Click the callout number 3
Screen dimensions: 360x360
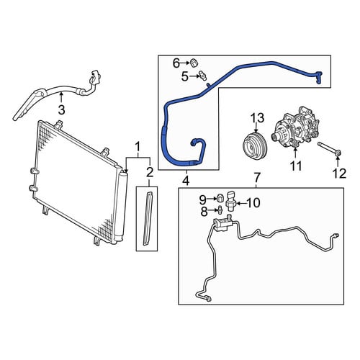point(62,110)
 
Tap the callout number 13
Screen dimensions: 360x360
point(258,117)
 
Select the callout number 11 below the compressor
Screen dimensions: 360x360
point(296,166)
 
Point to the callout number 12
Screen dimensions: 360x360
point(339,174)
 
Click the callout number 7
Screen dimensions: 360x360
point(256,178)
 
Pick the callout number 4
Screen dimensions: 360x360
point(186,181)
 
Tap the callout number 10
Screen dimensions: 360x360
point(253,203)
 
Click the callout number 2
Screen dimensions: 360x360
point(149,172)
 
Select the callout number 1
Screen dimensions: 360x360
point(138,147)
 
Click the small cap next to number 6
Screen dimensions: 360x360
point(194,63)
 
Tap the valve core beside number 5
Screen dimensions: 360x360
point(202,76)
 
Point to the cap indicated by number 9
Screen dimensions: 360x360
point(220,199)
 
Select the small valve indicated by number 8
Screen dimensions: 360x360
point(220,210)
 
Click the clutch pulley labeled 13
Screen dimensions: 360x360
point(254,146)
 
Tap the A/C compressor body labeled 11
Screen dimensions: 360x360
point(297,127)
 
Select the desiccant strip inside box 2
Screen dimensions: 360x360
point(148,218)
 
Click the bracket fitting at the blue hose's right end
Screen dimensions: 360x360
point(319,77)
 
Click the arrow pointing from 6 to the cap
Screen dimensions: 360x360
point(185,63)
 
